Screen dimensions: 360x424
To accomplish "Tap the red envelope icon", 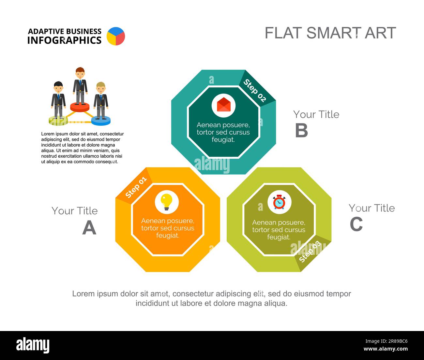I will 223,105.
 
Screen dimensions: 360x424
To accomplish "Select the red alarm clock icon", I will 279,202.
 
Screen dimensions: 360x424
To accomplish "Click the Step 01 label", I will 136,187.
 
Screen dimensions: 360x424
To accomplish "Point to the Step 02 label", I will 255,90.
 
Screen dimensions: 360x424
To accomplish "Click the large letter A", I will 89,227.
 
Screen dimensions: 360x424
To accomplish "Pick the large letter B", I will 301,131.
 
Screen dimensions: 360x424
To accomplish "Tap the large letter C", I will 356,224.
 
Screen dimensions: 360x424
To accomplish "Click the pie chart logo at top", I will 116,36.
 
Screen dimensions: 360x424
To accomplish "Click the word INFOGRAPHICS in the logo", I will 64,40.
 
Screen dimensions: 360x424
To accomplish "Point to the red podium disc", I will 80,107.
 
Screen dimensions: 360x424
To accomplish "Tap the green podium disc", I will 58,121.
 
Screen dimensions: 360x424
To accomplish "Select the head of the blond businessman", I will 101,87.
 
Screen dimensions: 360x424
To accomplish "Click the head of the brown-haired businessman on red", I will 80,73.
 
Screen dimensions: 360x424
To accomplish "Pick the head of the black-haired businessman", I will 58,87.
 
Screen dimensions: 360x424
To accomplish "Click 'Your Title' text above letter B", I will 316,114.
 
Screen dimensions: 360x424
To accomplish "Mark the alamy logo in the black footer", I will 33,345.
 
